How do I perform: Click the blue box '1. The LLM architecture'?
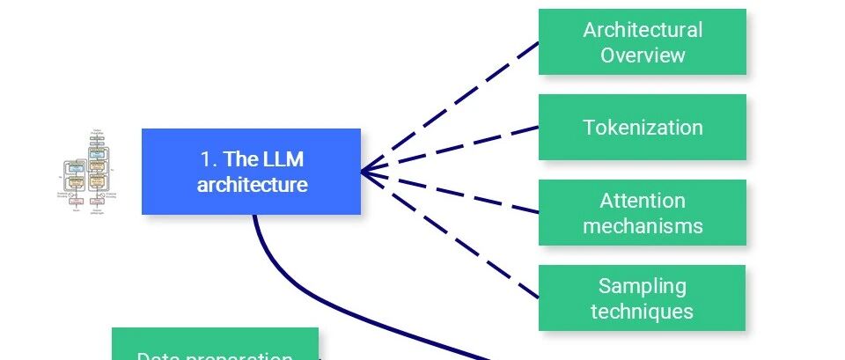click(x=251, y=172)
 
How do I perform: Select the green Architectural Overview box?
click(x=642, y=42)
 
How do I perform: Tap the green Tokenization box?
click(x=642, y=128)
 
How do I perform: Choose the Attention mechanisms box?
click(x=642, y=213)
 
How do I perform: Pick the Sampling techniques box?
click(x=642, y=298)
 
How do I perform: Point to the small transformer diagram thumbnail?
click(x=89, y=173)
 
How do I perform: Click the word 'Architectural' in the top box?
click(x=643, y=30)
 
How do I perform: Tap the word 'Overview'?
click(x=643, y=55)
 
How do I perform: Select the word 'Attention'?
click(x=643, y=201)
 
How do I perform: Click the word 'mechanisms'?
click(x=643, y=225)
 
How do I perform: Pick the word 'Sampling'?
click(x=643, y=286)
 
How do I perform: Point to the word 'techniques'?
click(x=643, y=311)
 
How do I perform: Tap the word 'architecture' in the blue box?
click(x=252, y=185)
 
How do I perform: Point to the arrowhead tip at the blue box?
click(x=362, y=171)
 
